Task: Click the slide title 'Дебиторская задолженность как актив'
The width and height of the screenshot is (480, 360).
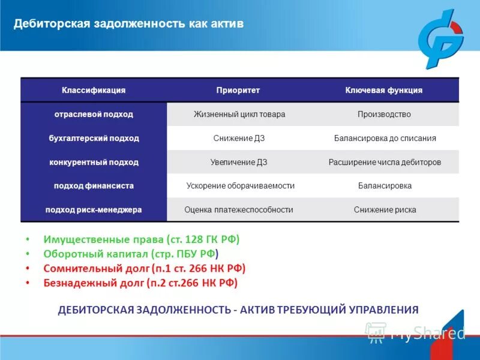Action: coord(129,24)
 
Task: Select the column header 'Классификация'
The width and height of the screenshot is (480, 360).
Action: coord(94,90)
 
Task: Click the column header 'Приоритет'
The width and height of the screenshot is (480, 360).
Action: coord(238,90)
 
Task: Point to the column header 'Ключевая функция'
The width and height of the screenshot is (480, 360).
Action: coord(384,90)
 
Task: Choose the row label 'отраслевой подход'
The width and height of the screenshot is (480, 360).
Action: coord(94,114)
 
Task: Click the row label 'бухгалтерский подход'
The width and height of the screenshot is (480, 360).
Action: coord(94,138)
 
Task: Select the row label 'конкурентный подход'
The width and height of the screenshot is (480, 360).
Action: coord(94,162)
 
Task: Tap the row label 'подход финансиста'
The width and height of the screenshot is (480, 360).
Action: coord(94,186)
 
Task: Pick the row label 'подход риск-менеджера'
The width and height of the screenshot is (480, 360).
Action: coord(94,210)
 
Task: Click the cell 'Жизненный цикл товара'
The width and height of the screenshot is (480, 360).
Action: coord(239,114)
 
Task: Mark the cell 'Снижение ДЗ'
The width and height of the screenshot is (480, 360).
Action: coord(239,138)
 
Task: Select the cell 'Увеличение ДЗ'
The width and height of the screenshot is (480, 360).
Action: coord(239,162)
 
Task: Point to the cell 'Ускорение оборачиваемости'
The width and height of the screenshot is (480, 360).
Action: coord(241,186)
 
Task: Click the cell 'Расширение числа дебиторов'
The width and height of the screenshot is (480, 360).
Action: coord(385,162)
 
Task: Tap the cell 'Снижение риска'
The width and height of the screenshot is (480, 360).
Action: coord(385,210)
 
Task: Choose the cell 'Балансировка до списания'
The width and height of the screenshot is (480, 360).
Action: coord(385,138)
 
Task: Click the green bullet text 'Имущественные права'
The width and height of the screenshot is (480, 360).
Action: coord(96,239)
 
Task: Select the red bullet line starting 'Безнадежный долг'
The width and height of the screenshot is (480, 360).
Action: coord(140,283)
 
